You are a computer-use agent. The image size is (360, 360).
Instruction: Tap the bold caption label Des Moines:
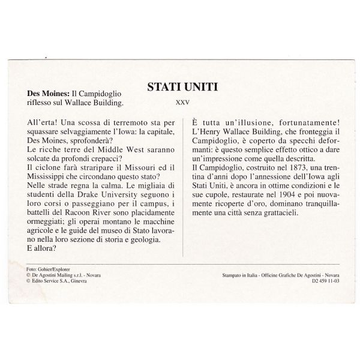click(49, 94)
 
